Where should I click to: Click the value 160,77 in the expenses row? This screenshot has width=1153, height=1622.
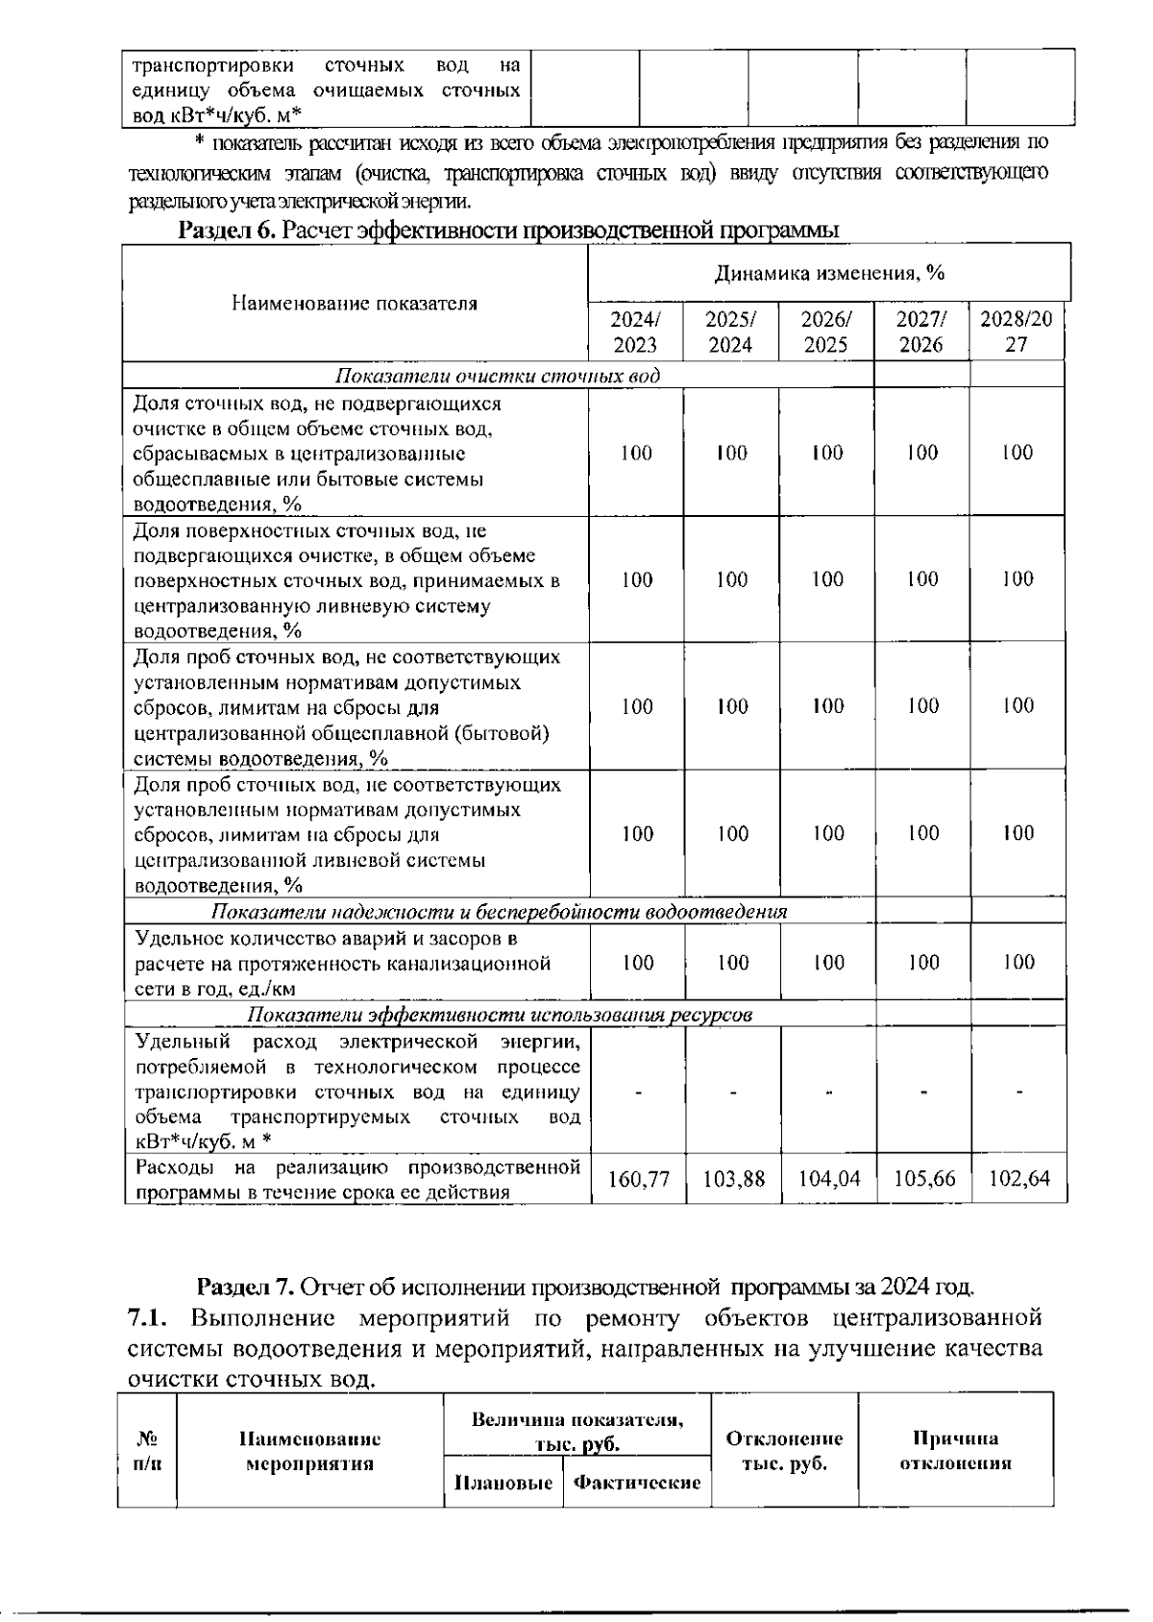click(639, 1178)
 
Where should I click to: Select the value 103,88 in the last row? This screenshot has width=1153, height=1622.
click(734, 1178)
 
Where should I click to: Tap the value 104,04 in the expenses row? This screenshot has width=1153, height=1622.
click(829, 1178)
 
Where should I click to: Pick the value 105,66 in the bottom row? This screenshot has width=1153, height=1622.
click(924, 1178)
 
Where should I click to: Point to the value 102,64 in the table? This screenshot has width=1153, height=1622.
click(1019, 1178)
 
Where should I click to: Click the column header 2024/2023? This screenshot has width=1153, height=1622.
click(635, 332)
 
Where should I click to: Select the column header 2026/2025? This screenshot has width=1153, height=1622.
click(825, 332)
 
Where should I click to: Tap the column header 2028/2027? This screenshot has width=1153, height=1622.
click(1017, 332)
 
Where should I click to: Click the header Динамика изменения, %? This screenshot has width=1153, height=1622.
click(829, 273)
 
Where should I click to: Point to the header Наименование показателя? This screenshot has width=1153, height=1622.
click(355, 304)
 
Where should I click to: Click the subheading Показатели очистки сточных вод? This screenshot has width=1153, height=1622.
click(498, 375)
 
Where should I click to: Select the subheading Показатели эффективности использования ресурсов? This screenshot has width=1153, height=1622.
click(500, 1015)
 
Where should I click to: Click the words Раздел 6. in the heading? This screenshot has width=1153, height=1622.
click(228, 231)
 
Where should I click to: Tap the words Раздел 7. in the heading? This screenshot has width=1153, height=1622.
click(245, 1286)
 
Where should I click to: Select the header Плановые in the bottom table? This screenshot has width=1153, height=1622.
click(503, 1483)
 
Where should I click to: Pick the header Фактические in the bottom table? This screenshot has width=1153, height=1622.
click(636, 1483)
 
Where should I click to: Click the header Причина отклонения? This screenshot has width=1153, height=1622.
click(955, 1451)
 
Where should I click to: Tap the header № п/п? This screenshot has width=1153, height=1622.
click(147, 1451)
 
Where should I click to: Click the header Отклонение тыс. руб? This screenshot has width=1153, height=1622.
click(784, 1451)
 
